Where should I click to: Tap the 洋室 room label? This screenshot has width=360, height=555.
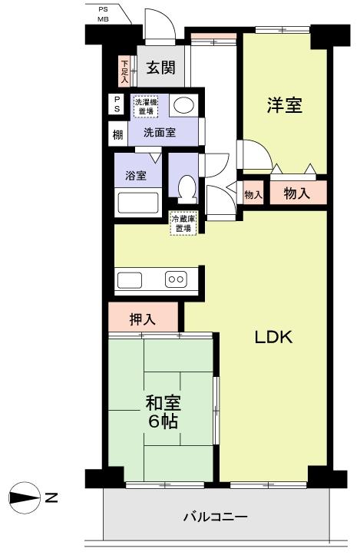pos(284,106)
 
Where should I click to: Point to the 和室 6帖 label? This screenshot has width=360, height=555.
pos(163,411)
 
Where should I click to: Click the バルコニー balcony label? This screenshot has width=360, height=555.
pos(215,517)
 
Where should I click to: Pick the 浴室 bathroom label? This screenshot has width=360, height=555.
pos(136,174)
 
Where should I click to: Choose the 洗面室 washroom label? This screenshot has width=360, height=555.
pos(160,132)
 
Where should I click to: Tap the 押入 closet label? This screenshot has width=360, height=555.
pos(143,319)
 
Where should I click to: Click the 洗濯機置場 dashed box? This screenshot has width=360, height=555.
pos(143,107)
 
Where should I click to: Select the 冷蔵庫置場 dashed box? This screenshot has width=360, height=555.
pos(183,223)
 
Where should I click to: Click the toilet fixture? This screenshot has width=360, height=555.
pos(185,187)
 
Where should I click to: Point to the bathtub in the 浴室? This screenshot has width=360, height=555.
pos(137,203)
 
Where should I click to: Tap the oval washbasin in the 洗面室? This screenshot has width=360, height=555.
pos(182,106)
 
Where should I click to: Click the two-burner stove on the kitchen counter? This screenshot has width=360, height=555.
pos(176,279)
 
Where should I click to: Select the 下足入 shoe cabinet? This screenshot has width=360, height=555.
pos(124,71)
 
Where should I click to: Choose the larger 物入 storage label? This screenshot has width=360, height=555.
pos(297,194)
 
